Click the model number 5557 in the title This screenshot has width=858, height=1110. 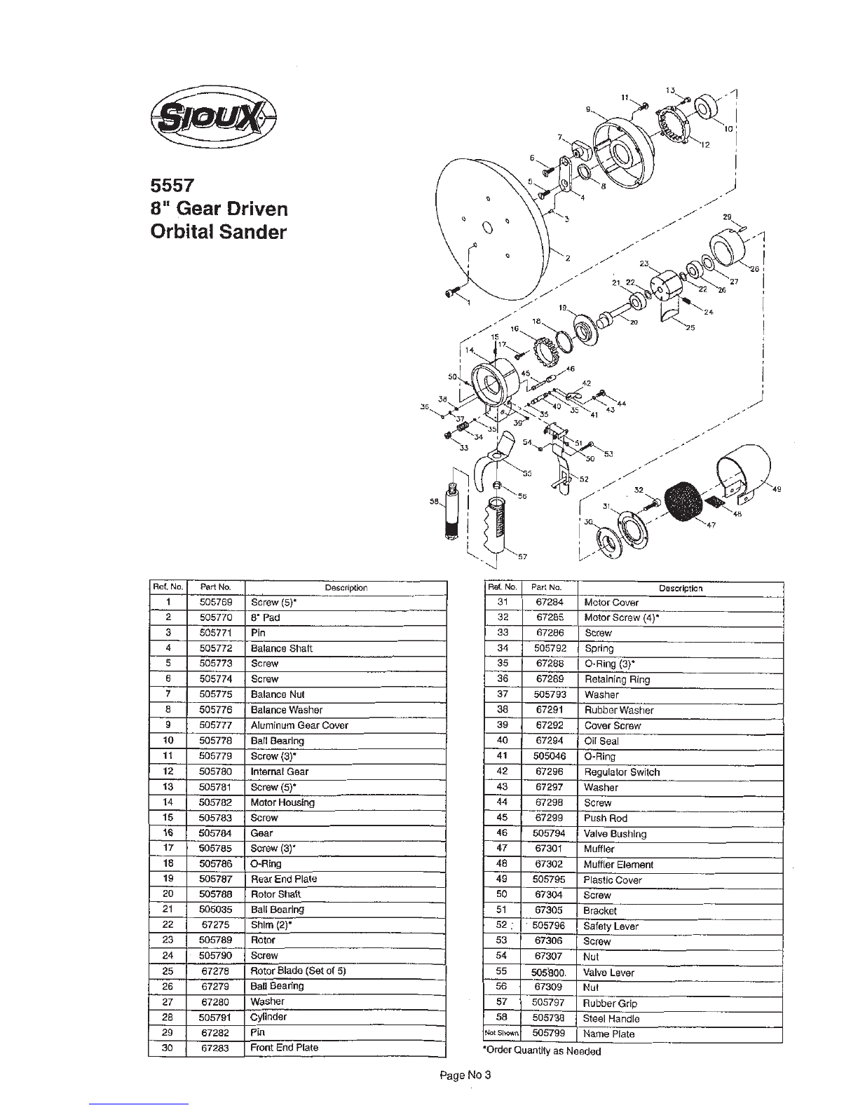pyautogui.click(x=172, y=186)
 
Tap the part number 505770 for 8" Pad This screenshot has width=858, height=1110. pyautogui.click(x=215, y=617)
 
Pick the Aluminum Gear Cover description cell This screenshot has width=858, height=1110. pyautogui.click(x=299, y=725)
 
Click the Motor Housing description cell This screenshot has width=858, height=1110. pyautogui.click(x=282, y=802)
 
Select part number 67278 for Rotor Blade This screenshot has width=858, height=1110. pyautogui.click(x=215, y=971)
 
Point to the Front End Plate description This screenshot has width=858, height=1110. pyautogui.click(x=284, y=1048)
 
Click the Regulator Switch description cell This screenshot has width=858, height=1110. pyautogui.click(x=622, y=772)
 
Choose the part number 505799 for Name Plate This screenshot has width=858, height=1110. pyautogui.click(x=548, y=1034)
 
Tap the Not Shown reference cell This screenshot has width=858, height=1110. pyautogui.click(x=501, y=1034)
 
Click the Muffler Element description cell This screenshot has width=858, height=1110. pyautogui.click(x=618, y=864)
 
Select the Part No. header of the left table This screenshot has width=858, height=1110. pyautogui.click(x=215, y=587)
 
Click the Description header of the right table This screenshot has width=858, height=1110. pyautogui.click(x=680, y=588)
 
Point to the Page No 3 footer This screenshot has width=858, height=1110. pyautogui.click(x=465, y=1076)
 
